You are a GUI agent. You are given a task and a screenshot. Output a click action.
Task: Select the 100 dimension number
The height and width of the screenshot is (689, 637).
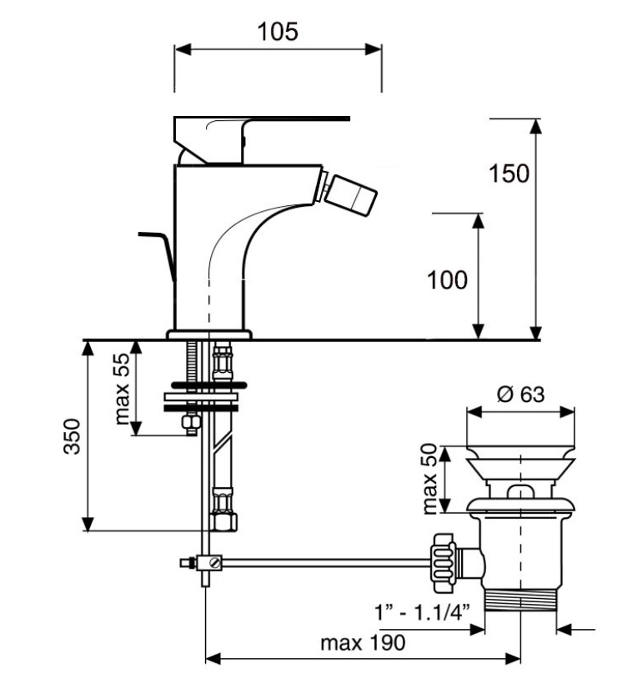[447, 280]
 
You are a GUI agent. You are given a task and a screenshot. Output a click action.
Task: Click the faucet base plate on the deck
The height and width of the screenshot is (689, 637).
[208, 334]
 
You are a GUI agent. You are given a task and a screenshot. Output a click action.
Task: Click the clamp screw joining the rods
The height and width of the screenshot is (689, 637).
[215, 563]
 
